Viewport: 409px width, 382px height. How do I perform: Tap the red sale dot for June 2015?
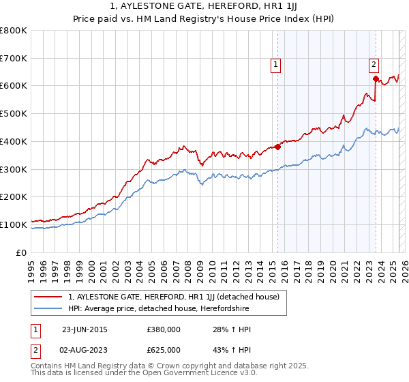coord(278,146)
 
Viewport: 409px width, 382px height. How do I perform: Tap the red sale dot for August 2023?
coord(376,78)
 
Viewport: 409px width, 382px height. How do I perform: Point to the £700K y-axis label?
coord(14,58)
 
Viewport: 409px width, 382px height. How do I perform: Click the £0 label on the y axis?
coord(22,252)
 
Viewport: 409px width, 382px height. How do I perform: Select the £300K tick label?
coord(14,168)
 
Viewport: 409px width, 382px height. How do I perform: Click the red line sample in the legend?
coord(48,297)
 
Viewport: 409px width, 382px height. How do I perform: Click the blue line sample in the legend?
coord(48,309)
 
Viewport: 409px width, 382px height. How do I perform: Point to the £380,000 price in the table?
coord(163,329)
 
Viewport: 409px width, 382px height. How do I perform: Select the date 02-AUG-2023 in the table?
coord(85,350)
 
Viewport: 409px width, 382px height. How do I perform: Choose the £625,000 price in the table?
coord(163,350)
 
